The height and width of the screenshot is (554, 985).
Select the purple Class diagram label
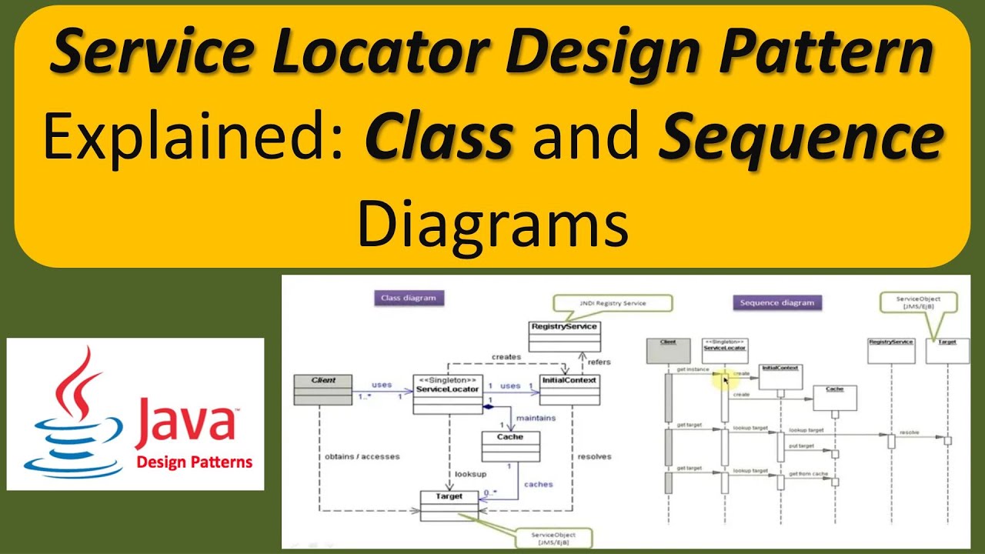click(x=409, y=298)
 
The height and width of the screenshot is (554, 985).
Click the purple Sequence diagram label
click(x=776, y=302)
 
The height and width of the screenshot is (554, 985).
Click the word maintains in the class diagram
click(x=536, y=418)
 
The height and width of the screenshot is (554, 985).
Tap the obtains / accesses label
click(x=362, y=456)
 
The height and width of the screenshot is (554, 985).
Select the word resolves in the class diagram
click(x=593, y=456)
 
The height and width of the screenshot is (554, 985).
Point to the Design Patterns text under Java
click(x=194, y=462)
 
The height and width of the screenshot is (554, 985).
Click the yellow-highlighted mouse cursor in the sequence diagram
click(x=725, y=379)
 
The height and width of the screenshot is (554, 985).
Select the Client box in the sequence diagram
click(x=667, y=350)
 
